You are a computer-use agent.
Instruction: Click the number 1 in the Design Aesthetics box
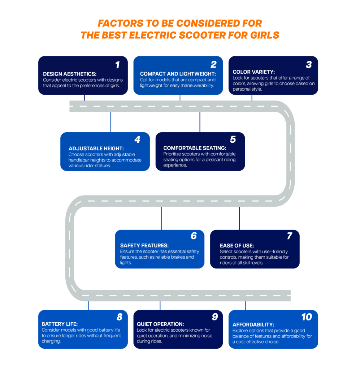pyautogui.click(x=117, y=65)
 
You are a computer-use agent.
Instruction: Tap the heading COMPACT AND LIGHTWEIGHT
pyautogui.click(x=178, y=74)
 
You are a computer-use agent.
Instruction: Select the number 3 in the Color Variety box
pyautogui.click(x=309, y=65)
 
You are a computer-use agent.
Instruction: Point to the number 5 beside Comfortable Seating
pyautogui.click(x=233, y=139)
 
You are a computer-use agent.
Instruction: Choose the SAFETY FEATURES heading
pyautogui.click(x=144, y=246)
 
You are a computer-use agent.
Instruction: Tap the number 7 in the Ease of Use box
pyautogui.click(x=289, y=236)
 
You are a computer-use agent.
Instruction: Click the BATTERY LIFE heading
pyautogui.click(x=60, y=324)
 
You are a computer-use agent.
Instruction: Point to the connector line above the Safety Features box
pyautogui.click(x=161, y=218)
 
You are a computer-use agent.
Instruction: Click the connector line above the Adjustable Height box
pyautogui.click(x=111, y=122)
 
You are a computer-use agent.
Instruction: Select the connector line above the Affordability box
pyautogui.click(x=246, y=306)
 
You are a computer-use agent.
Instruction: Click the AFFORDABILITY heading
pyautogui.click(x=253, y=324)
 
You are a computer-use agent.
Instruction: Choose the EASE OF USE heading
pyautogui.click(x=237, y=246)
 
